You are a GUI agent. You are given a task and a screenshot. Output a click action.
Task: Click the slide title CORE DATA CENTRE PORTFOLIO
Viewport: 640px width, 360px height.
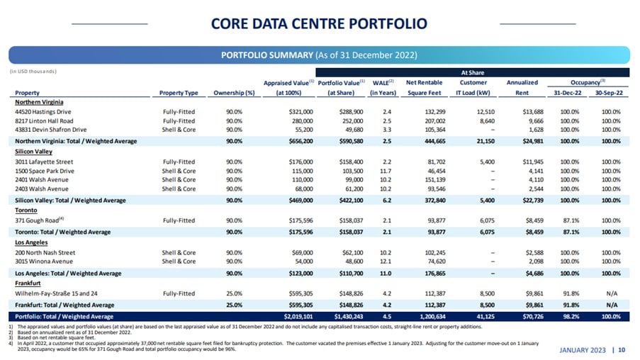coord(319,23)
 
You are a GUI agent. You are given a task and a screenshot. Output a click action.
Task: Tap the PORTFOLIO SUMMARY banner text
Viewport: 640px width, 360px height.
coord(267,55)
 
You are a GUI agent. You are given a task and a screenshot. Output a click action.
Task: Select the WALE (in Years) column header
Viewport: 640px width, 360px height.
coord(383,88)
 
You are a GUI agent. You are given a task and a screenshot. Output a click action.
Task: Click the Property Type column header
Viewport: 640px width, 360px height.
coord(179,93)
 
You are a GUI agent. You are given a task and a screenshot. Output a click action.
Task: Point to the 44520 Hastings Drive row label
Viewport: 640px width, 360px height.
coord(43,112)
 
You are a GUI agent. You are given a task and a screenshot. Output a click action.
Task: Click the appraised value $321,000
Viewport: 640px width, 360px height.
coord(301,112)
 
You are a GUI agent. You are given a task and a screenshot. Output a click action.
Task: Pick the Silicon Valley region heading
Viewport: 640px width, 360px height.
coord(33,152)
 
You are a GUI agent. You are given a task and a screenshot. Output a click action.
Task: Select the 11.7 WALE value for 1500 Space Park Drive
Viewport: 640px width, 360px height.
coord(386,171)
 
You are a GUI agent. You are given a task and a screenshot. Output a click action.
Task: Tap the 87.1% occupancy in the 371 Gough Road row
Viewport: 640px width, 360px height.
coord(571,220)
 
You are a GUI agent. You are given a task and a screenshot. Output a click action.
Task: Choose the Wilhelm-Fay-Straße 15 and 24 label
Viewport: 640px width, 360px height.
coord(56,293)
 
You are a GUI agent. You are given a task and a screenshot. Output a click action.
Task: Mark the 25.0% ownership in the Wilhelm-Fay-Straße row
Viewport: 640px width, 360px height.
coord(235,293)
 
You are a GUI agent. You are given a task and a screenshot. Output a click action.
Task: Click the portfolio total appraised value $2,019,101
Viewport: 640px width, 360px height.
coord(298,316)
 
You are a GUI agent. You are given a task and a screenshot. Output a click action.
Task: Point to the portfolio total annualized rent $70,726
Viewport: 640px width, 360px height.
coord(533,316)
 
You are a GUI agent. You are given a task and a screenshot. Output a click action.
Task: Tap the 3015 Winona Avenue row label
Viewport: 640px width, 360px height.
coord(44,261)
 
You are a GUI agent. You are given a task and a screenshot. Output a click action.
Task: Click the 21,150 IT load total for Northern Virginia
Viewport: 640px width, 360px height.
coord(485,141)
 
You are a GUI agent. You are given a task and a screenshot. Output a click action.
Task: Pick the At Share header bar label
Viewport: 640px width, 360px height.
coord(473,73)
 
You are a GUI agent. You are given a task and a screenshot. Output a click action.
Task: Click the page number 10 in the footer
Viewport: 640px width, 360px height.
coord(622,350)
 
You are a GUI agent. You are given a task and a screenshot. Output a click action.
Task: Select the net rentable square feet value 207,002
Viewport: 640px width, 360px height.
coord(435,120)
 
